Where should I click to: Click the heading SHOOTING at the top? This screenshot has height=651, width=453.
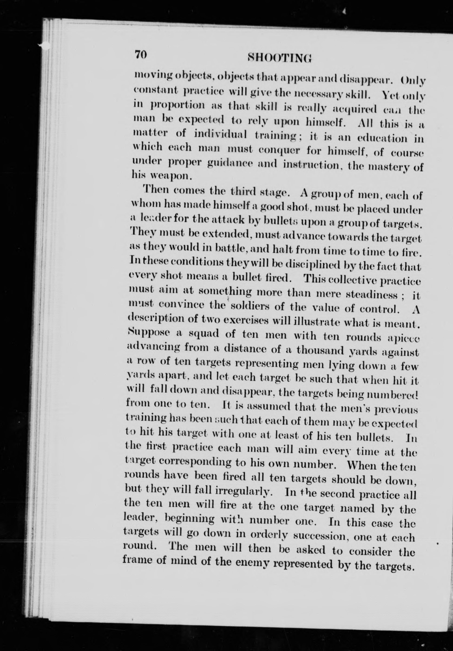(x=280, y=57)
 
